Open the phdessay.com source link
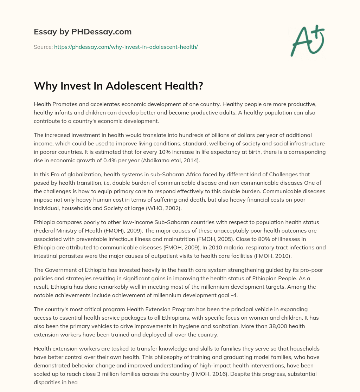point(126,47)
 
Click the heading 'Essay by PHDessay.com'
point(83,32)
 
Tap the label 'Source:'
point(43,47)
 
